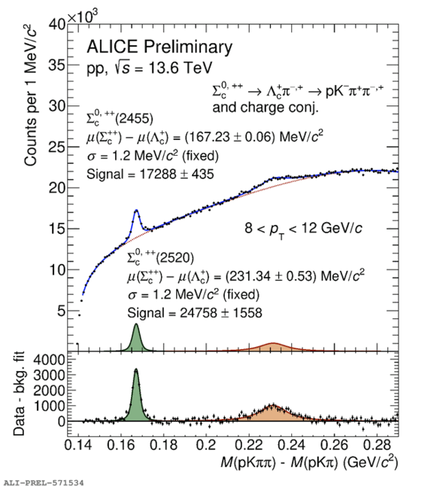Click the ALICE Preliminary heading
point(159,47)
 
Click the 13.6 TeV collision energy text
point(181,68)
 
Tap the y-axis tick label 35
point(57,65)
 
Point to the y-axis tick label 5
point(62,311)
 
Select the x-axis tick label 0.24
point(291,445)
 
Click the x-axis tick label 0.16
point(120,445)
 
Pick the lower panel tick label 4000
point(49,360)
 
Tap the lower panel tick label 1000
point(49,406)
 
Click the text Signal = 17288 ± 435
point(150,174)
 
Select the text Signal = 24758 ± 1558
point(195,313)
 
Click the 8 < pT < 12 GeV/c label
point(303,229)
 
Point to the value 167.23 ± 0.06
point(230,137)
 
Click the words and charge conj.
point(266,108)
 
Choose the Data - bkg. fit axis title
point(19,393)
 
